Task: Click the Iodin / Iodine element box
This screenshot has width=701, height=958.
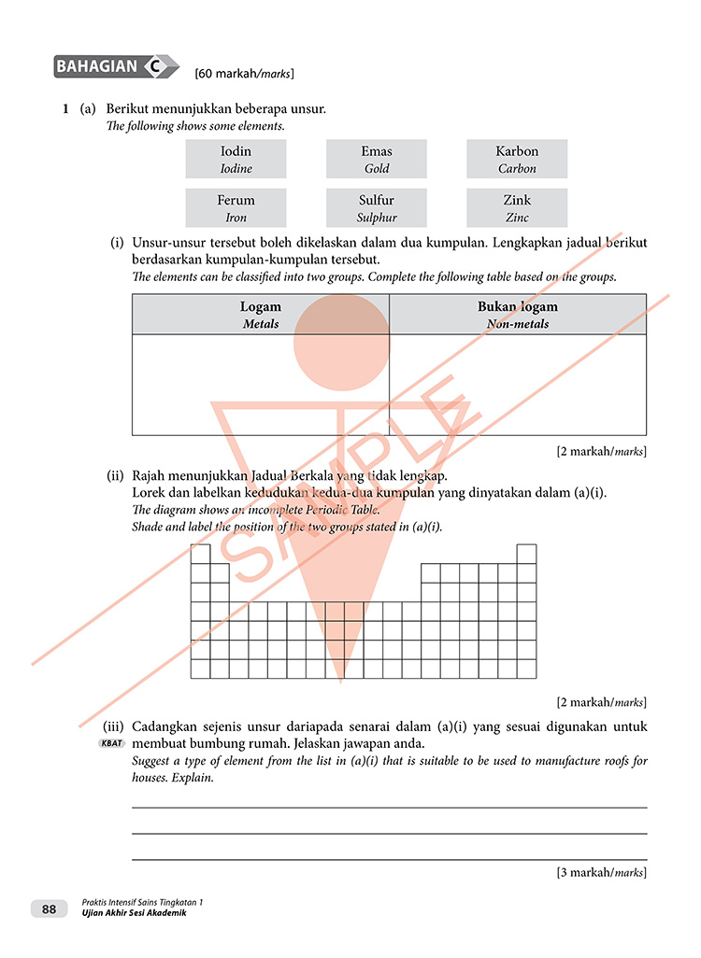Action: click(x=236, y=159)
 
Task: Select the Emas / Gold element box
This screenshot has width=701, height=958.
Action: click(x=377, y=159)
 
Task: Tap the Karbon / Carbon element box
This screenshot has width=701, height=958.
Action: click(x=517, y=159)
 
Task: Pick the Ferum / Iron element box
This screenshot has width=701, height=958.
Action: click(x=236, y=207)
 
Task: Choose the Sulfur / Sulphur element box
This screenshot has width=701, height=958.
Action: click(x=377, y=207)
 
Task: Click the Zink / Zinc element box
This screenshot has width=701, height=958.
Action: click(x=517, y=207)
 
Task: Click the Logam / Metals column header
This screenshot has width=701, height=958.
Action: click(x=261, y=315)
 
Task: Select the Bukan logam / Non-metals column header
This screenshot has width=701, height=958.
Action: click(x=518, y=315)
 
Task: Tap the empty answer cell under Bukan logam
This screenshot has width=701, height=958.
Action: click(x=518, y=384)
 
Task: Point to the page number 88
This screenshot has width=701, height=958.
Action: click(x=50, y=909)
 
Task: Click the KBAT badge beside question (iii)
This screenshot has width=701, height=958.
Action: click(x=110, y=744)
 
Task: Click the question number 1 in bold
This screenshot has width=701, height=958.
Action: click(x=65, y=109)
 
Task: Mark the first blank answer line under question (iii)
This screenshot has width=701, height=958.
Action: click(x=389, y=807)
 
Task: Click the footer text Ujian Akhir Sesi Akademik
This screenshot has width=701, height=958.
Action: click(x=134, y=913)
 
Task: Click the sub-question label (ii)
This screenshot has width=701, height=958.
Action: click(x=117, y=475)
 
